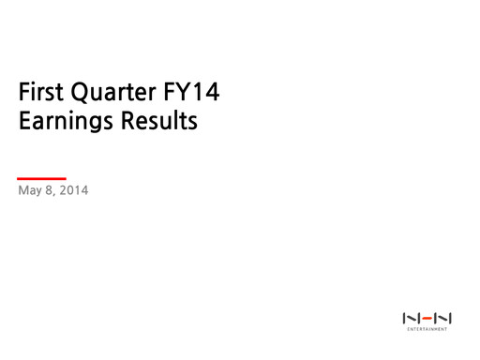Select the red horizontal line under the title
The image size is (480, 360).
pyautogui.click(x=41, y=178)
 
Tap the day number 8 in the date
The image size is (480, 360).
pyautogui.click(x=51, y=194)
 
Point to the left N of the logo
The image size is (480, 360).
pyautogui.click(x=410, y=317)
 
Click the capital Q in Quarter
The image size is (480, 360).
pyautogui.click(x=88, y=94)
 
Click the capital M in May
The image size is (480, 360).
pyautogui.click(x=23, y=194)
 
